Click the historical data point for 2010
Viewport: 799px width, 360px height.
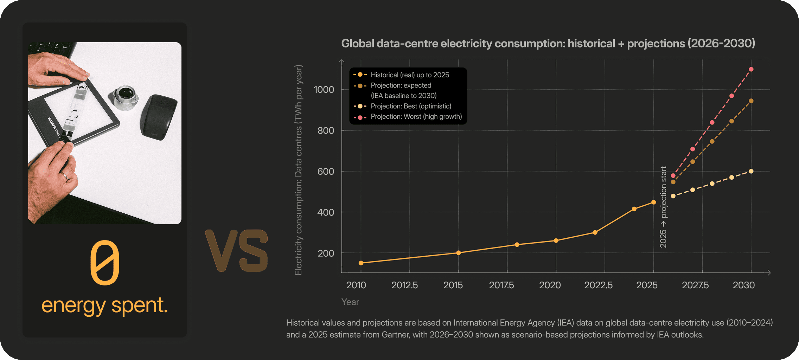click(x=361, y=263)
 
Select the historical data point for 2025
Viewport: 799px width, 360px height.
click(x=653, y=202)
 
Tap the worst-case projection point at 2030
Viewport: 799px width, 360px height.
click(x=751, y=69)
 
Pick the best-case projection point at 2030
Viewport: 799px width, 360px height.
click(x=751, y=171)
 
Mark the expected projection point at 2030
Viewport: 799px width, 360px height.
click(x=751, y=101)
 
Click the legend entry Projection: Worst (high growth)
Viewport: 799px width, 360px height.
click(x=408, y=117)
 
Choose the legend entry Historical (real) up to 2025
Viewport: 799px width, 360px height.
click(x=401, y=75)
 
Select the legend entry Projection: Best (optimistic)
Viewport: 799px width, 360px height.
click(x=402, y=106)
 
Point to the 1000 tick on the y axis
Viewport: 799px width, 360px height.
click(x=324, y=90)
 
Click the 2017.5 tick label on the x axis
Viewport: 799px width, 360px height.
click(x=501, y=285)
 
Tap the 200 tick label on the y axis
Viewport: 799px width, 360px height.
click(x=326, y=253)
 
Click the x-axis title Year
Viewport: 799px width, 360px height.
click(x=350, y=302)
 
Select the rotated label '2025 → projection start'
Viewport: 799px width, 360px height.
click(x=663, y=207)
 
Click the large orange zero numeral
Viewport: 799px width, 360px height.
click(x=105, y=262)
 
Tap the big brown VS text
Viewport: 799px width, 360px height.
click(x=237, y=251)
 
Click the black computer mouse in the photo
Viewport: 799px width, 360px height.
click(x=159, y=117)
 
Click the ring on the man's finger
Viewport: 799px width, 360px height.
click(x=65, y=176)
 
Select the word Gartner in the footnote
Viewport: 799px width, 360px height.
click(x=395, y=335)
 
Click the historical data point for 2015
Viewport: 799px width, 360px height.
click(x=459, y=253)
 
